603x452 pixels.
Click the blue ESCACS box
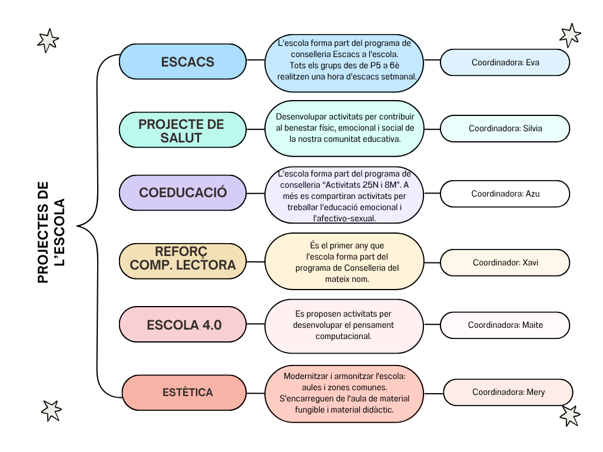pos(183,62)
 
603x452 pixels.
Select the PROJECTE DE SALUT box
pos(181,131)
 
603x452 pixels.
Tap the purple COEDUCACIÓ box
pos(183,192)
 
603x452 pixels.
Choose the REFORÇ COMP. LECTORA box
pos(183,259)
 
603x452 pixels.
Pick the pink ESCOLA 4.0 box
pos(183,324)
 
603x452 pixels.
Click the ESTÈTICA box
pos(184,392)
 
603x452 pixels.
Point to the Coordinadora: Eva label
pos(505,62)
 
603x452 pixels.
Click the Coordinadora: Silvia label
pos(505,128)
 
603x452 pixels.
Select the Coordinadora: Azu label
pos(505,193)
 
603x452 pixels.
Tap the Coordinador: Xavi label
pos(505,262)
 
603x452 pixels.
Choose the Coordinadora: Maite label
pos(505,325)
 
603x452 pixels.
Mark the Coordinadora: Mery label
pos(508,392)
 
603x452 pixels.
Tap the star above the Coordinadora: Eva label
pos(569,35)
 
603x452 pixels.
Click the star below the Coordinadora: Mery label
pos(569,416)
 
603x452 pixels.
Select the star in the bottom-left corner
pos(51,410)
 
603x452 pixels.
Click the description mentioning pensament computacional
pos(344,325)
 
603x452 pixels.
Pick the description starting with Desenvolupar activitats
pos(344,128)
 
